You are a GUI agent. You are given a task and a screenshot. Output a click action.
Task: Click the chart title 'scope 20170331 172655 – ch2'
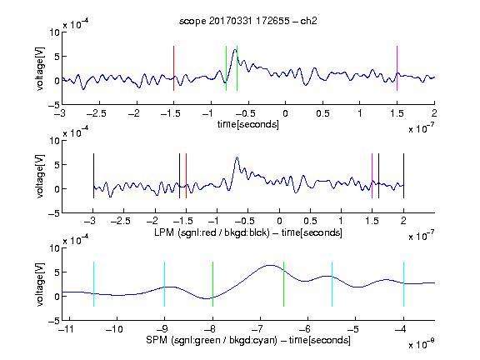248,21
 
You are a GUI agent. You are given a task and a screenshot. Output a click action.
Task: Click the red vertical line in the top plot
173,68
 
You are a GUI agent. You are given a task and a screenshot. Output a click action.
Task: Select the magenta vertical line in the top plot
397,68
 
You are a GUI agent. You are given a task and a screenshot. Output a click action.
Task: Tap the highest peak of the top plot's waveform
235,49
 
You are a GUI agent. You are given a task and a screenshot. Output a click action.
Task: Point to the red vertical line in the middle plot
186,176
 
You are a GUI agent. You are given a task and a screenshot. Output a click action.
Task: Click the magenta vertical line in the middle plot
372,176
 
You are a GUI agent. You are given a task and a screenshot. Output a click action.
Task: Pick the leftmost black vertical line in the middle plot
93,176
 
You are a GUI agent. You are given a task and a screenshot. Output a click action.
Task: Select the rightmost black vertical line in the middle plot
403,176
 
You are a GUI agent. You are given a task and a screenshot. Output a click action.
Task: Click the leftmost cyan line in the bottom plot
93,284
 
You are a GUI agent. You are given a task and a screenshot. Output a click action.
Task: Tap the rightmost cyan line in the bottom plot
403,284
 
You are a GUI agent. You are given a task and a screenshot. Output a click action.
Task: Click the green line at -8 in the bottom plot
212,284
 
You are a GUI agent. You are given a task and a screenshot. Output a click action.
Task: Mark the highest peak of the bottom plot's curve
270,265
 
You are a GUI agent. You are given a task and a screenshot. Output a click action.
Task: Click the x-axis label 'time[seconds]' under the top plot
248,124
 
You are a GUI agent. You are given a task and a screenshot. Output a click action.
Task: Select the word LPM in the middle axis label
164,232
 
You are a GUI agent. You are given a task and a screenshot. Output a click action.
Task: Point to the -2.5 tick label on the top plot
97,113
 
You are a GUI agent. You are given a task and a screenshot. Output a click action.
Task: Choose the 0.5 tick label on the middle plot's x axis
310,221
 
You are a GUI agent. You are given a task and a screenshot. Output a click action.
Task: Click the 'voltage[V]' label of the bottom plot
40,284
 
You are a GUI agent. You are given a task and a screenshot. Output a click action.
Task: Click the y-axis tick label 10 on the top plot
55,32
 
